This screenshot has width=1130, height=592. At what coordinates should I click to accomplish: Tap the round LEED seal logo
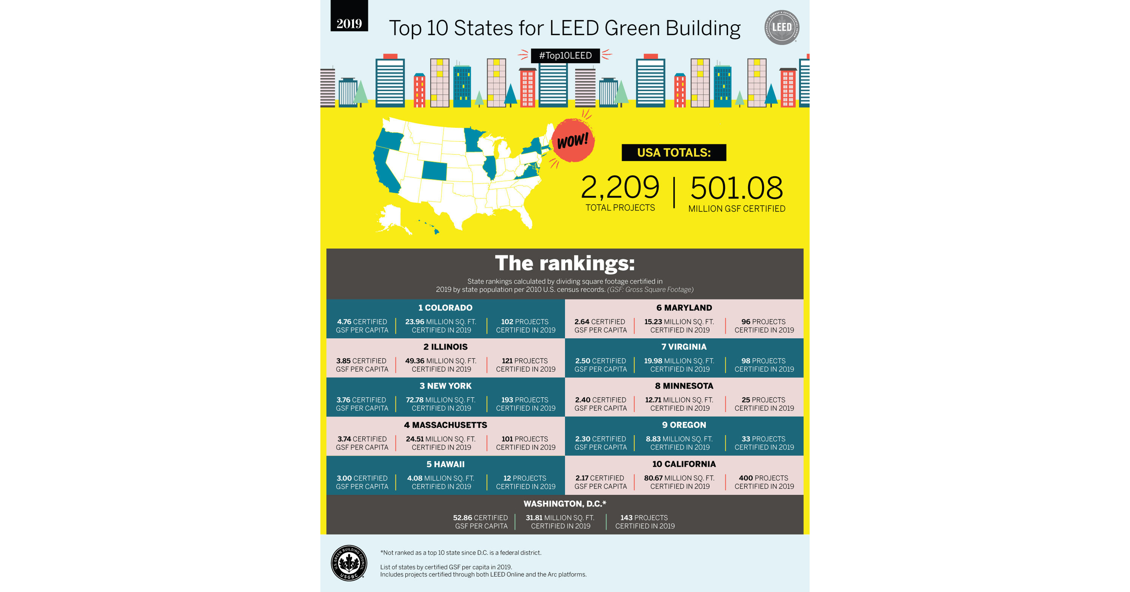click(x=781, y=27)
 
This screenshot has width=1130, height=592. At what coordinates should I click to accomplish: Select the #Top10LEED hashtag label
click(x=565, y=56)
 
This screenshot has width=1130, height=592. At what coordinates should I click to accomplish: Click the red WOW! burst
click(x=573, y=141)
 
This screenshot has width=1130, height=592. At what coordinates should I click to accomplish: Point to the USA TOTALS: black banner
click(x=673, y=152)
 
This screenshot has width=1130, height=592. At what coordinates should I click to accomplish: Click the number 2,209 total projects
click(x=620, y=188)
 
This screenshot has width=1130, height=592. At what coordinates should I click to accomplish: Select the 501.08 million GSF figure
click(x=736, y=188)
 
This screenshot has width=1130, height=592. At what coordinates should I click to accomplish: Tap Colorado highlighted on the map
click(x=434, y=171)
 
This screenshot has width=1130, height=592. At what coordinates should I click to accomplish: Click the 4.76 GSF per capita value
click(x=344, y=322)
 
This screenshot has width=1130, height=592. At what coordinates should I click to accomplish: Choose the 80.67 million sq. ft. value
click(x=653, y=478)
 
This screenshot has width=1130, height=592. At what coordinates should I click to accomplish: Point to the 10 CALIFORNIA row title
click(x=683, y=464)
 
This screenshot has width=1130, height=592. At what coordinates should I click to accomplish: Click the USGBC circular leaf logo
click(x=349, y=563)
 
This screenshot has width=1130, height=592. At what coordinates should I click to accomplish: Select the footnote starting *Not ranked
click(x=461, y=553)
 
